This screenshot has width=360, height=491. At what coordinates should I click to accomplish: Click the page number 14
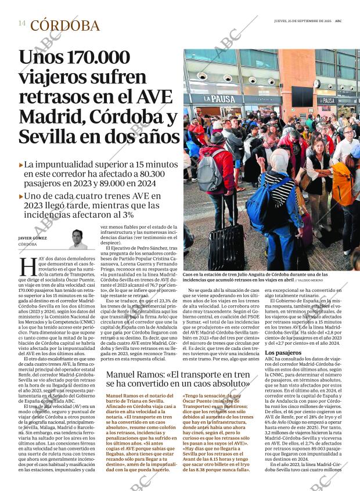point(21,23)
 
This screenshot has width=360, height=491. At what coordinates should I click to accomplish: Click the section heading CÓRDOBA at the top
point(64,26)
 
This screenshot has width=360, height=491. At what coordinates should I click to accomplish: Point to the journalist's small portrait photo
point(78,239)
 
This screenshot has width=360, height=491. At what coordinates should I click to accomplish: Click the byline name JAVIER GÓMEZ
point(33,238)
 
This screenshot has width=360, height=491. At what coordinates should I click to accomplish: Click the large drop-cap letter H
point(28,266)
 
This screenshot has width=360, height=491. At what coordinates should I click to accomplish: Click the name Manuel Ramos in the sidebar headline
point(131,376)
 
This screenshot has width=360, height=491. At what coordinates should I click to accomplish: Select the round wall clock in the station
point(316,83)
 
